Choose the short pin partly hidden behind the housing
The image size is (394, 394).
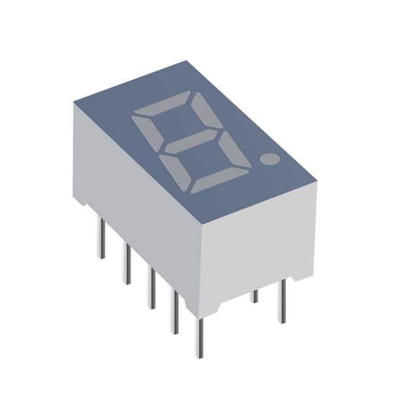pos(254,296)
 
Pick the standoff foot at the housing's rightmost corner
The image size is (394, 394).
pos(307,271)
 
